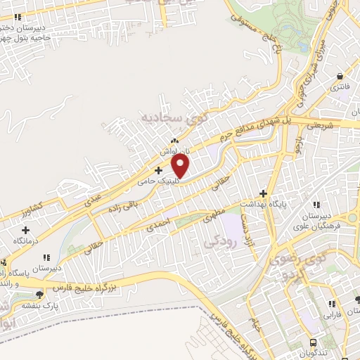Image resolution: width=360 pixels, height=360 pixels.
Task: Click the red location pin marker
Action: point(181,166)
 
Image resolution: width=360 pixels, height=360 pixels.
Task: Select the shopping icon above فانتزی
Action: point(340,77)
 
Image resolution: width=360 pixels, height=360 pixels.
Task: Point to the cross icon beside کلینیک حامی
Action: point(158,170)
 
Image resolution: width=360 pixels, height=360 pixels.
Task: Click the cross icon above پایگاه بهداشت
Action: point(264,193)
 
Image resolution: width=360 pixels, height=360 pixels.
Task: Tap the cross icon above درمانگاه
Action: point(26,230)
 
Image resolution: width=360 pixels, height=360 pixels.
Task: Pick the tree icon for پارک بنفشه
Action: point(39,294)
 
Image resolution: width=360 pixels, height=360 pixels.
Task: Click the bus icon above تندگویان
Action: point(314,341)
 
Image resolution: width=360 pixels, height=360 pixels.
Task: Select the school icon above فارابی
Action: point(330,304)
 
